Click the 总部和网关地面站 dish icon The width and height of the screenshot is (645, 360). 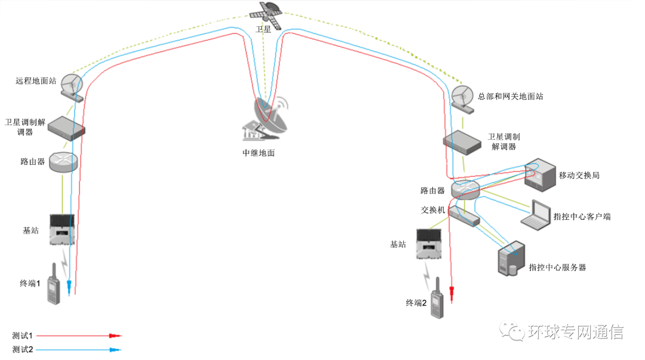point(462,97)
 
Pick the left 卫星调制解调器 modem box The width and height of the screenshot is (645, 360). point(66,127)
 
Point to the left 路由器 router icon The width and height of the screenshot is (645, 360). point(63,162)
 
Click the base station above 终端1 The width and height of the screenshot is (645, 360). point(62,230)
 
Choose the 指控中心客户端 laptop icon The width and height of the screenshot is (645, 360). point(536,215)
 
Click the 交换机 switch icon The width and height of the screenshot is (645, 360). point(464,216)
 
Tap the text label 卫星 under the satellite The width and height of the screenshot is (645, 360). point(263,29)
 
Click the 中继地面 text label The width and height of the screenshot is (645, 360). point(259,153)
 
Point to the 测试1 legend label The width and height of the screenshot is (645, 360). point(21,336)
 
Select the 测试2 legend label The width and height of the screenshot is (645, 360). point(21,349)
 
